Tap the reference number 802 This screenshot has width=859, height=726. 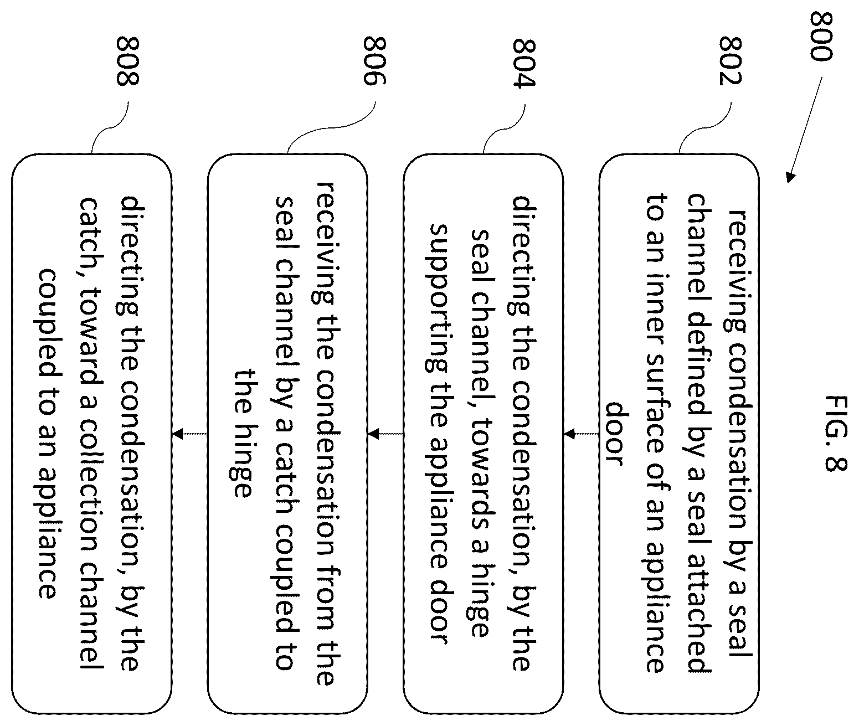[x=731, y=61]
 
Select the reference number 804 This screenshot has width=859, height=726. [x=524, y=63]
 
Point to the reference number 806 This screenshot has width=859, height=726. [x=375, y=61]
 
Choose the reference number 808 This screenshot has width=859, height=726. [x=127, y=61]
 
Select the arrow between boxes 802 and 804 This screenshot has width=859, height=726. [x=581, y=434]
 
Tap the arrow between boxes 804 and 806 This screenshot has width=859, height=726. [x=385, y=434]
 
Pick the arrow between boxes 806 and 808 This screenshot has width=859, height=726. [x=189, y=434]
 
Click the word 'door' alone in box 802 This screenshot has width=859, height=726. [x=614, y=434]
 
